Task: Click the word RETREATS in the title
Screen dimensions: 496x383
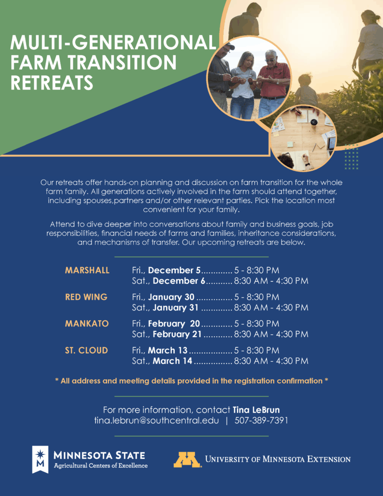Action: [x=52, y=82]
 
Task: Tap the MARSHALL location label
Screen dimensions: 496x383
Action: [x=87, y=270]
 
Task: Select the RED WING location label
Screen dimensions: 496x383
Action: [x=86, y=297]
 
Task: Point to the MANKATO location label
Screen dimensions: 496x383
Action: [x=87, y=324]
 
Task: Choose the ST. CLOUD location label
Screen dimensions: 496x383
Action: [x=86, y=350]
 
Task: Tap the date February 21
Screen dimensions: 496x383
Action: [x=178, y=334]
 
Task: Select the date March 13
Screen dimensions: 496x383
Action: [x=168, y=350]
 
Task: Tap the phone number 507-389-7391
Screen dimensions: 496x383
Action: [x=261, y=420]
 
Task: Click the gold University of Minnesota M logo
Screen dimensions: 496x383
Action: [x=187, y=460]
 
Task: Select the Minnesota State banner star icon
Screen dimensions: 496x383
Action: [x=41, y=454]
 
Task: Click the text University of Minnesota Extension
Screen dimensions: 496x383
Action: [x=278, y=459]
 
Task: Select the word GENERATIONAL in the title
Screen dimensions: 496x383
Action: [x=141, y=43]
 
